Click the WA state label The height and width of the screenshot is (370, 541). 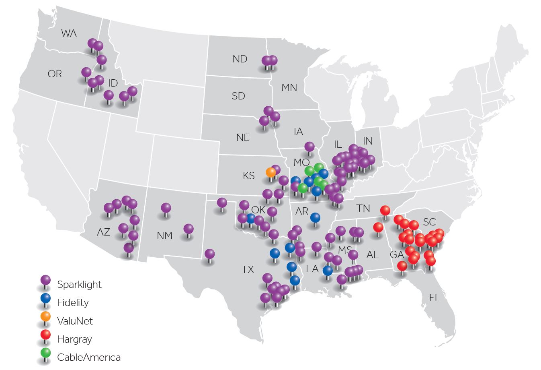click(x=69, y=33)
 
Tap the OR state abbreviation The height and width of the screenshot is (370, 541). click(x=55, y=74)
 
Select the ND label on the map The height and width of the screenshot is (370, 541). click(x=240, y=59)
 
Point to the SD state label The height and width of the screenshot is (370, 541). click(x=238, y=96)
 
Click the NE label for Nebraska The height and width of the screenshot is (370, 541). click(x=243, y=137)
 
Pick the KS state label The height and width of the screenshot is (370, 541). click(x=249, y=176)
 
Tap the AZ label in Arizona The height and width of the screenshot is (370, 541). click(x=103, y=232)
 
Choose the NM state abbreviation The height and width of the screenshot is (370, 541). click(x=164, y=236)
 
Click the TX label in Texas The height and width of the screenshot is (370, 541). click(x=248, y=269)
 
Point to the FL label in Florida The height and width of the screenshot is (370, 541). click(x=434, y=298)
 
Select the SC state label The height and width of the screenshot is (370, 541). click(x=429, y=222)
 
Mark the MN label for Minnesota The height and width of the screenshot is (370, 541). click(x=289, y=87)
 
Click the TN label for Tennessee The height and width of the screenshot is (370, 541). click(x=363, y=208)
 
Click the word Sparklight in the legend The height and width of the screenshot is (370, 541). click(x=79, y=284)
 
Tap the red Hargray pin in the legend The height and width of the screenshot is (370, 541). click(x=46, y=335)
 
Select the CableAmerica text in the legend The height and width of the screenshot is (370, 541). click(x=89, y=357)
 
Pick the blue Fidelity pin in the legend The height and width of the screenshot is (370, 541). click(x=46, y=299)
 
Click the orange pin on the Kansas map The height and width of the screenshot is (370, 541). click(x=271, y=172)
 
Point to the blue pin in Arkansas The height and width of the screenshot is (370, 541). click(x=315, y=217)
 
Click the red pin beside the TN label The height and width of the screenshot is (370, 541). click(x=385, y=210)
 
